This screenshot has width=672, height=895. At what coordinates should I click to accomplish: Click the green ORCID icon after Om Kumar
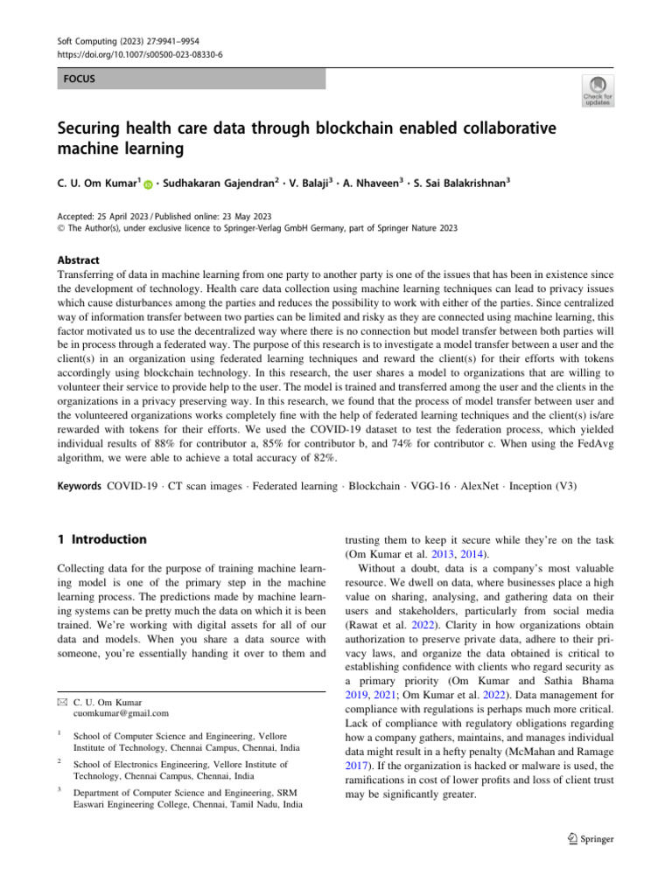coord(148,184)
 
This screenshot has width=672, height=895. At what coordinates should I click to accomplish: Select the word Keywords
coord(80,485)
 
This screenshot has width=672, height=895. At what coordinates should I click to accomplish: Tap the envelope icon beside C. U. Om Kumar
coord(61,701)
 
